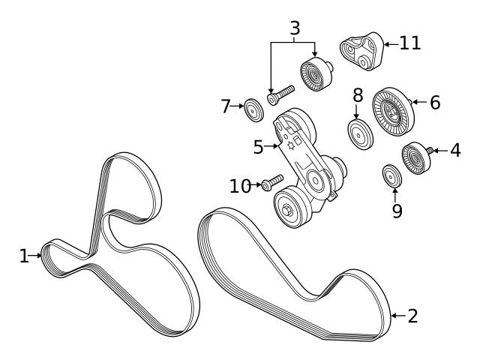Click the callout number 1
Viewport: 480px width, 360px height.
[x=24, y=256]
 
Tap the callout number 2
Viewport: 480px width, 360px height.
[x=412, y=316]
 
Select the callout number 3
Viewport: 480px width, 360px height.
[x=295, y=28]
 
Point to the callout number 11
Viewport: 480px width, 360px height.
[x=410, y=43]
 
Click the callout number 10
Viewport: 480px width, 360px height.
[x=241, y=185]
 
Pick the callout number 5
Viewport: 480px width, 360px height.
[x=258, y=147]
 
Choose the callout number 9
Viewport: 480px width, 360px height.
[x=397, y=211]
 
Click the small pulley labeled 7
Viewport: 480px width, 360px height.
[x=253, y=110]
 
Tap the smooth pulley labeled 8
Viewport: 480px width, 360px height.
[x=360, y=134]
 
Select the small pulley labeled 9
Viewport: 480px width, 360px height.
[x=392, y=175]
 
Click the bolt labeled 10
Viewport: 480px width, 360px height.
[x=272, y=182]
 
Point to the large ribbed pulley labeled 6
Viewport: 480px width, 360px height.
[x=393, y=112]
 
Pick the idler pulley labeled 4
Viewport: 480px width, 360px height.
[x=416, y=158]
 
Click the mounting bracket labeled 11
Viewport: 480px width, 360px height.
[x=361, y=52]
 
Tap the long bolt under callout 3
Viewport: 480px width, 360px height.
[x=280, y=95]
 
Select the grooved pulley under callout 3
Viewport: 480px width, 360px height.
[x=316, y=74]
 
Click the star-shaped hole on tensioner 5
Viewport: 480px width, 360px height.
[x=290, y=145]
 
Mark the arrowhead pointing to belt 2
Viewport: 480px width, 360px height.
[x=394, y=316]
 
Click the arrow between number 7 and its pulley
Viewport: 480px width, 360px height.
[x=237, y=106]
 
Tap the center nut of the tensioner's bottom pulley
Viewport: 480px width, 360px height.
[x=286, y=211]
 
